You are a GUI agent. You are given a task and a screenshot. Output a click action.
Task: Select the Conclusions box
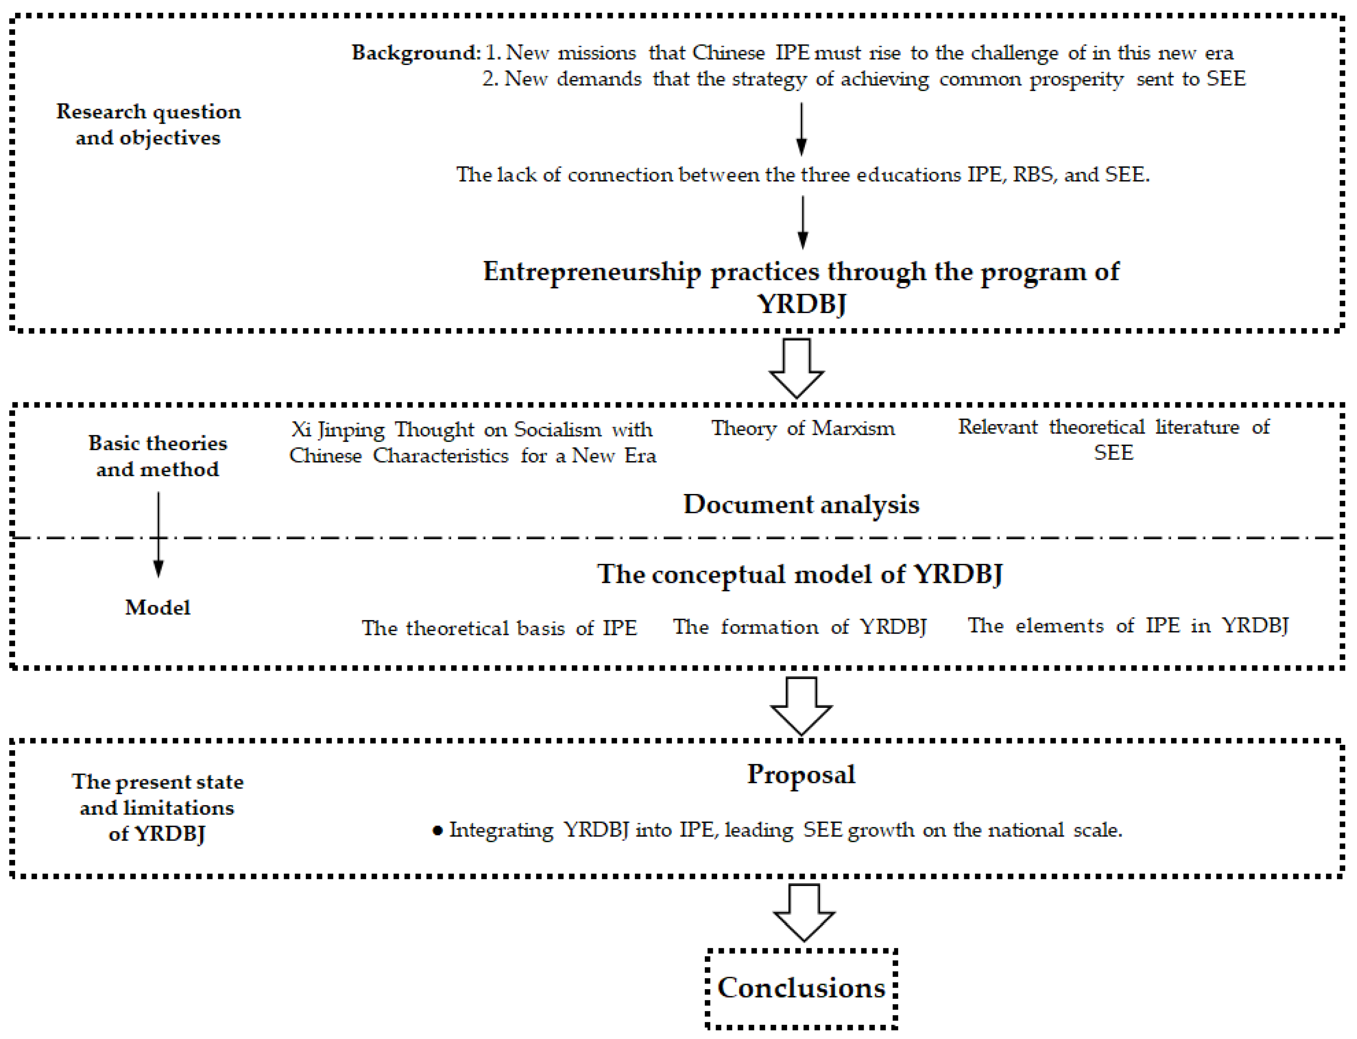(x=801, y=988)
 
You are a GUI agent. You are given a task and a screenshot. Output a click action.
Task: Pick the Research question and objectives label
(x=148, y=124)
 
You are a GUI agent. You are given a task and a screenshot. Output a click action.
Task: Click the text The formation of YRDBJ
(x=800, y=627)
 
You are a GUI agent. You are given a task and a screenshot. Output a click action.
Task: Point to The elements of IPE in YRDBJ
(x=1127, y=626)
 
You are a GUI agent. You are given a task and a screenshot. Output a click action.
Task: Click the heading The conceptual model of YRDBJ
(x=800, y=574)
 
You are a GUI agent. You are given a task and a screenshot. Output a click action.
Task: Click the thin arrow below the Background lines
(x=801, y=129)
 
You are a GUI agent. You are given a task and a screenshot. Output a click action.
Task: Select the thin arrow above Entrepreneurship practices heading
(x=802, y=222)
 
